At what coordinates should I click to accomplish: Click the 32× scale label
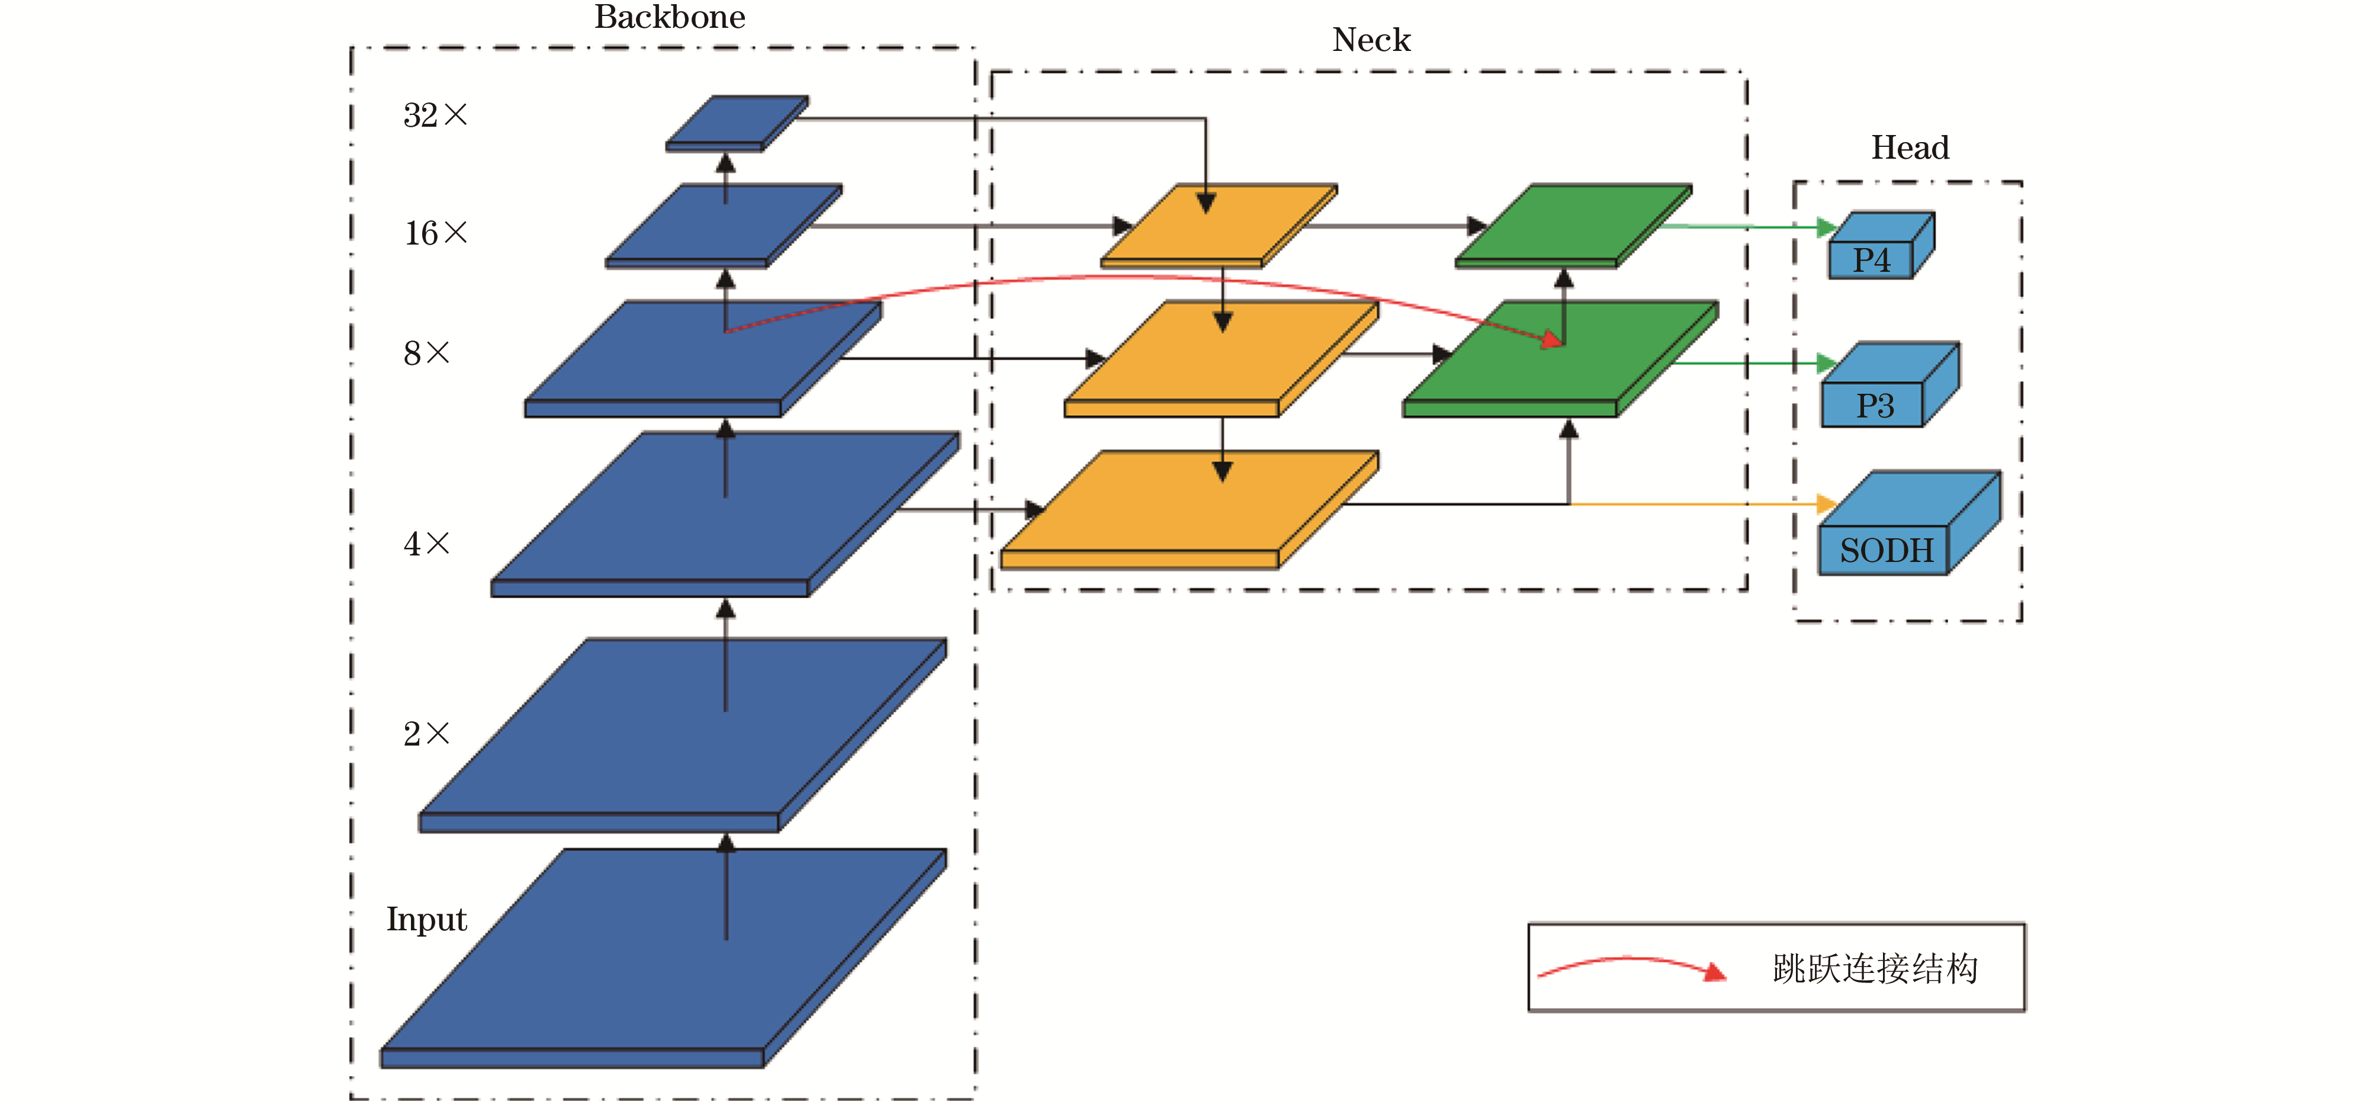pos(435,115)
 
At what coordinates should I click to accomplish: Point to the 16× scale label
pos(436,233)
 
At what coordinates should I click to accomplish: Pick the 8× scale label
pos(426,352)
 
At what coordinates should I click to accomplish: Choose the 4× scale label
pos(426,544)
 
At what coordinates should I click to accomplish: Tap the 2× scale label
pos(426,734)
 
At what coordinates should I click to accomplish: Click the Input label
pos(426,920)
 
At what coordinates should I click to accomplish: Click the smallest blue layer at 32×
pos(737,122)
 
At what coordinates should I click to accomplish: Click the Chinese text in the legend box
pos(1875,968)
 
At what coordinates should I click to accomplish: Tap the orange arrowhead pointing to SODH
pos(1826,504)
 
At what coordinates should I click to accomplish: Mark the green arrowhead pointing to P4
pos(1826,227)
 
